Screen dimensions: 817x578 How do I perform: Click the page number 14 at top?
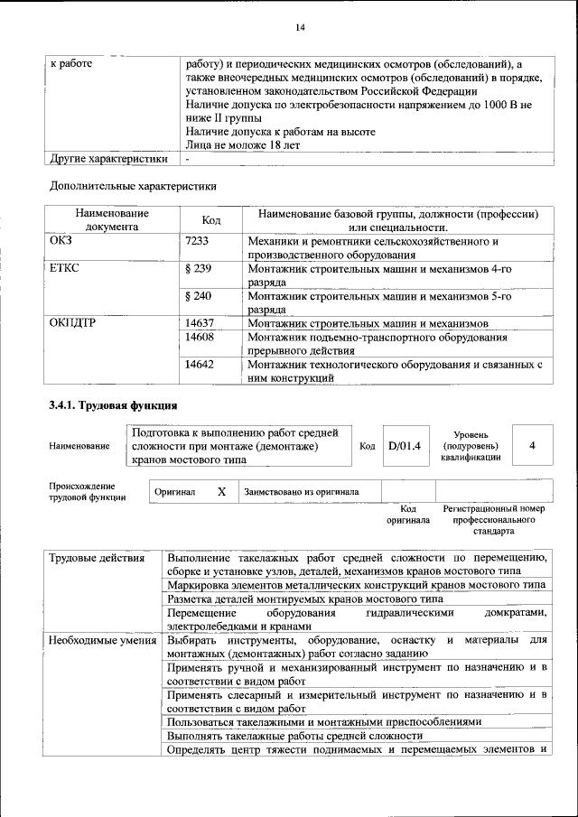(301, 28)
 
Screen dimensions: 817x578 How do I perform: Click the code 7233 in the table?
(197, 242)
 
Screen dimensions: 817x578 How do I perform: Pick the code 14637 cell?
(199, 323)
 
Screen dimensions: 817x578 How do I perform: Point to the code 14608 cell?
(199, 337)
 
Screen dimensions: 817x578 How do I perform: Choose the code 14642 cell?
(199, 365)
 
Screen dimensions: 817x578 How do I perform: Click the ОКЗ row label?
(61, 242)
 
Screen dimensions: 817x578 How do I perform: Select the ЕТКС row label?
(64, 269)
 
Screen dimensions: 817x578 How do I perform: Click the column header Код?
(211, 220)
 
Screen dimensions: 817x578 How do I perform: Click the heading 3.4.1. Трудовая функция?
(113, 404)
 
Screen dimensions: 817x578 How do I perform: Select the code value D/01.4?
(404, 446)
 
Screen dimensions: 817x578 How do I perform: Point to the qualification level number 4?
(533, 446)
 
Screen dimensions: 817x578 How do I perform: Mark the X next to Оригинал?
(221, 492)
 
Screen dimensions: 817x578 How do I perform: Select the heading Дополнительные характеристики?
(132, 187)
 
